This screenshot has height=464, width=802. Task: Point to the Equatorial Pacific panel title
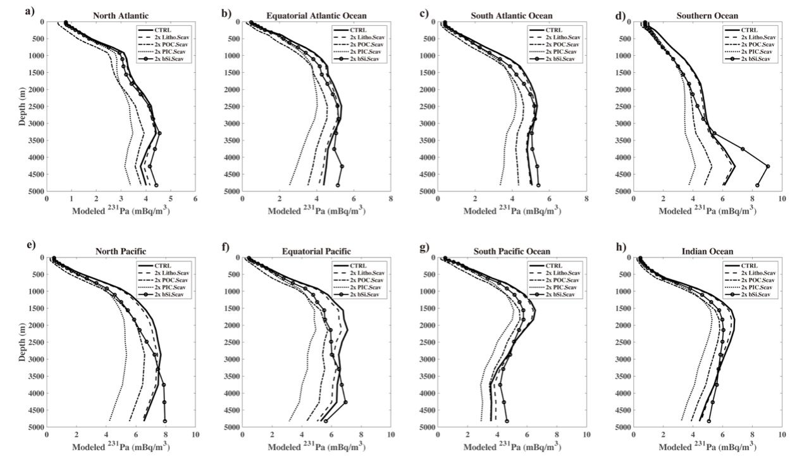(x=316, y=251)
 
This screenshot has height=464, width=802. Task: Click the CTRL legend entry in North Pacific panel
(x=164, y=265)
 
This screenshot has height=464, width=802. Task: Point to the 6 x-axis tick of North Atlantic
(x=195, y=199)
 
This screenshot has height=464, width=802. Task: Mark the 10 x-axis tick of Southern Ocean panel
(x=781, y=199)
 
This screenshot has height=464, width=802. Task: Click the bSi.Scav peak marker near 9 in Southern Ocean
(x=768, y=166)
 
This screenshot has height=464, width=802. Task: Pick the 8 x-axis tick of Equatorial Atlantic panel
(x=391, y=199)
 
